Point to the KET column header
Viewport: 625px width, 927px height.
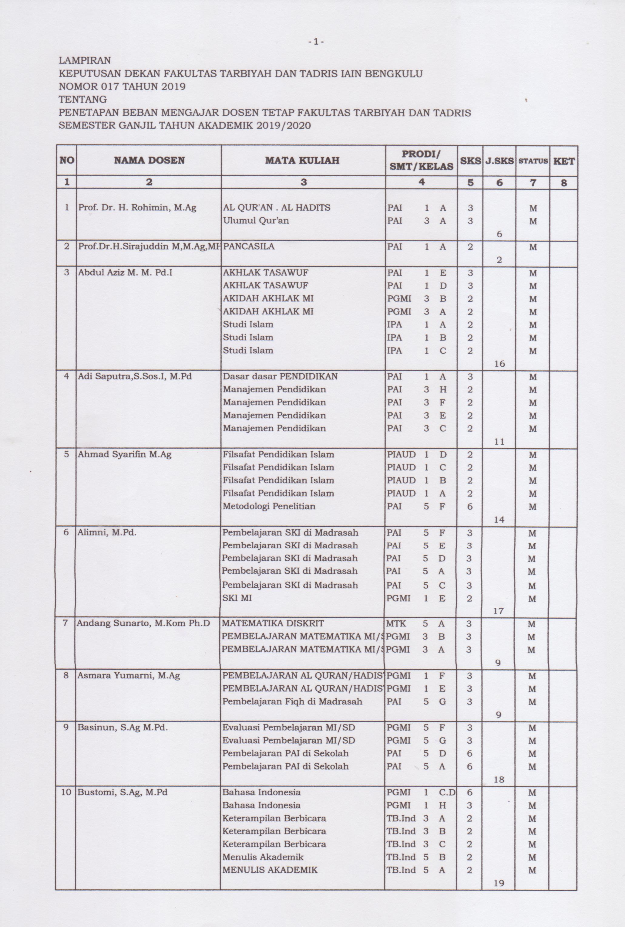click(564, 161)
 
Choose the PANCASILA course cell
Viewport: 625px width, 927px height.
click(249, 246)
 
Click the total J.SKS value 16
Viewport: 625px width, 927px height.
click(499, 363)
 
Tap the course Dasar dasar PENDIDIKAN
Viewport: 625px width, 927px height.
click(280, 376)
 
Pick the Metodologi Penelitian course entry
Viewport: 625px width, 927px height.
click(269, 506)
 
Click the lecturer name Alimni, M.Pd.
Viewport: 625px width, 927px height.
click(107, 532)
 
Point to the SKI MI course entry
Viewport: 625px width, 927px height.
click(237, 598)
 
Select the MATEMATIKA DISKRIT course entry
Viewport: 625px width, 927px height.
click(273, 623)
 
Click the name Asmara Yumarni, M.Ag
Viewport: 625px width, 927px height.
click(129, 675)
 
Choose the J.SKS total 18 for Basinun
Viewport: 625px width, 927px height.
click(499, 779)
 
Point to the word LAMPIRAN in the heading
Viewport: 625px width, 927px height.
click(85, 61)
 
